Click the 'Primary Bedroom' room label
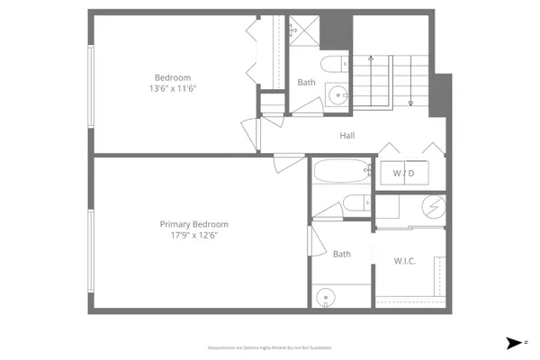(x=193, y=224)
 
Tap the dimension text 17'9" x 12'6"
(x=193, y=235)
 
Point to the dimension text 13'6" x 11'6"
(x=173, y=88)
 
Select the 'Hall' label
(x=346, y=136)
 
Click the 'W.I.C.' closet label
(x=404, y=261)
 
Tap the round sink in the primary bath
(x=325, y=295)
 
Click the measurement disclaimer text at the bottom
(x=270, y=346)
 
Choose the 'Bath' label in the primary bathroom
(x=342, y=254)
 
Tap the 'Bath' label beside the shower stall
(x=307, y=83)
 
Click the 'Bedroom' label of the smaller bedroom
(x=173, y=76)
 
